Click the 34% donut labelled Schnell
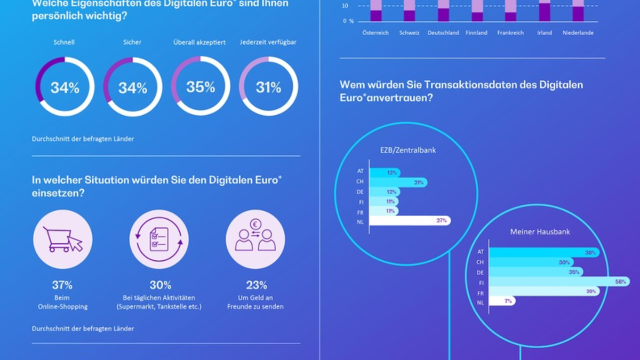65,86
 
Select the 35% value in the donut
201,86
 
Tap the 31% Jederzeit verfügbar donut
268,86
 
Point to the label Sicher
132,42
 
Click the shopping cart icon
62,239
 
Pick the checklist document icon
159,239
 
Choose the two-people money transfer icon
255,239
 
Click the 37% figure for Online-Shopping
62,285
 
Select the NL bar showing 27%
410,220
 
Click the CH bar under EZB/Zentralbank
398,182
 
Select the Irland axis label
545,33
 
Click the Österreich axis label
375,33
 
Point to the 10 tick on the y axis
345,6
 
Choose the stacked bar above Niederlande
578,11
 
